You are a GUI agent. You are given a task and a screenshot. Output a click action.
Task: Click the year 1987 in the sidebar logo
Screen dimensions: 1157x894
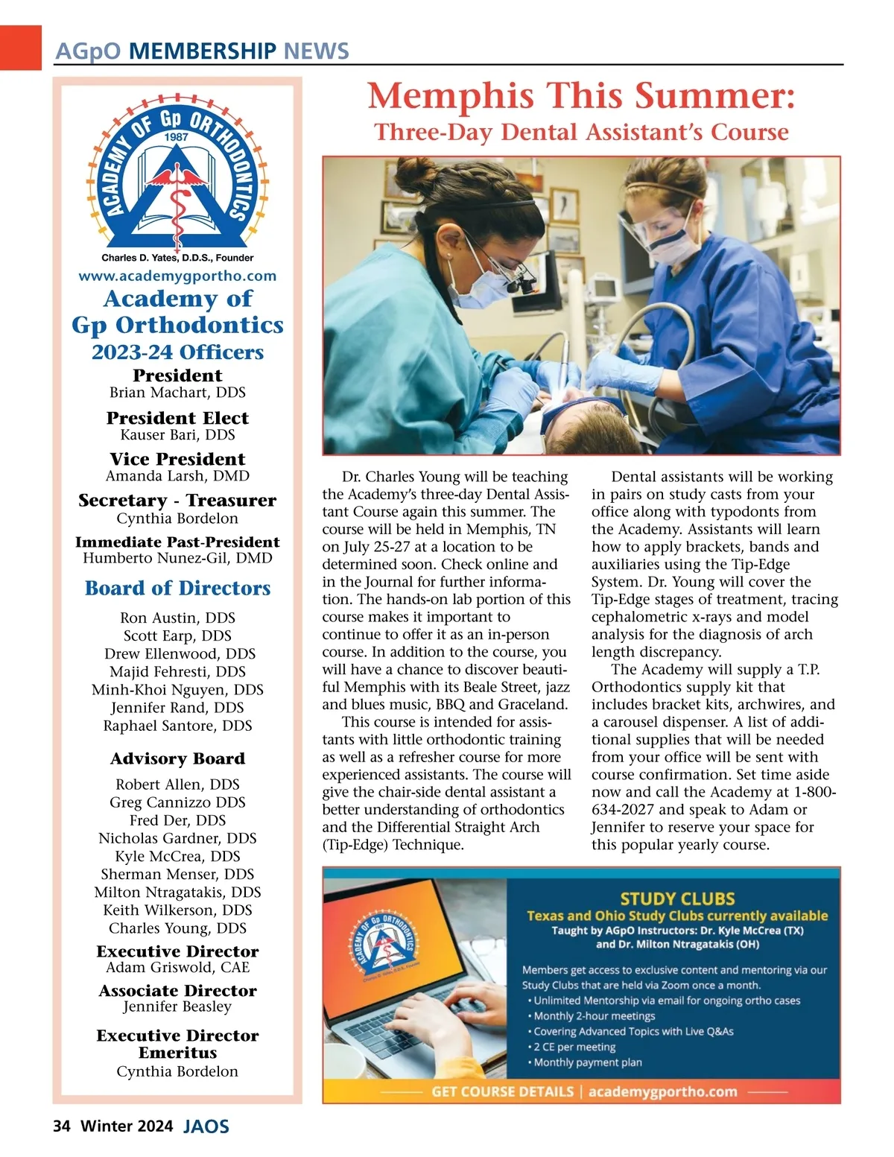tap(177, 137)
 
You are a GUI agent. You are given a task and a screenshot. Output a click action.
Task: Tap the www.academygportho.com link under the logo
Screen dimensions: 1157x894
tap(177, 276)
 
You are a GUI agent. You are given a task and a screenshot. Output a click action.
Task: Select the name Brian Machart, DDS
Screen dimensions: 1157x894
tap(177, 393)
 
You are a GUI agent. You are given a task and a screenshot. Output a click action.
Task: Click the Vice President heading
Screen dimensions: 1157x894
tap(177, 459)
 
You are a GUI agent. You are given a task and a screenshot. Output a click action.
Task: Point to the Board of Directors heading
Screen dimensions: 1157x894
tap(177, 589)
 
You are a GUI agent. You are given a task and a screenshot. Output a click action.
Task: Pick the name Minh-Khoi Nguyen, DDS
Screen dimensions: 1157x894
tap(177, 690)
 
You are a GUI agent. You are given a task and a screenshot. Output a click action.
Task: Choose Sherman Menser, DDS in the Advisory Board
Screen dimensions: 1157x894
tap(177, 874)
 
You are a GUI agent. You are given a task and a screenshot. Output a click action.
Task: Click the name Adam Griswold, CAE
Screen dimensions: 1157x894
tap(177, 968)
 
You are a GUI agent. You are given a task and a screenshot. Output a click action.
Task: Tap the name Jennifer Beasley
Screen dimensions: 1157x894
tap(177, 1007)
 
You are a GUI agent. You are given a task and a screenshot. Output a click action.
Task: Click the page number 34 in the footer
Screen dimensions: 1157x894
tap(61, 1126)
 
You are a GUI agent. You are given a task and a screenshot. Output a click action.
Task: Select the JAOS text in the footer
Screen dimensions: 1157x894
tap(206, 1126)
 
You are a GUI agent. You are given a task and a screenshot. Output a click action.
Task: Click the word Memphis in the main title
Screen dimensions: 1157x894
tap(451, 97)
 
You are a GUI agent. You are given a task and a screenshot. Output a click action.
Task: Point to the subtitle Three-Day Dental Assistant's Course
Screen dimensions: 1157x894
tap(581, 132)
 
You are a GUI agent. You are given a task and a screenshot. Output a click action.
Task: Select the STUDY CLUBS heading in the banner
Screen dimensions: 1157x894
tap(677, 899)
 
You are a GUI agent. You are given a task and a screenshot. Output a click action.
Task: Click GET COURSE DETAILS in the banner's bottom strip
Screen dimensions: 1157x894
tap(502, 1092)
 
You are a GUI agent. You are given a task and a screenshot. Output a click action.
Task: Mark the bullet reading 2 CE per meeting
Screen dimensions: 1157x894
tap(574, 1047)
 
